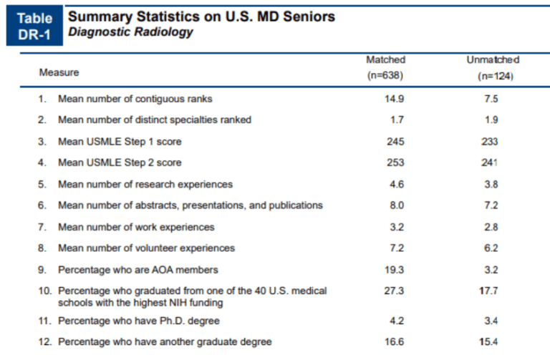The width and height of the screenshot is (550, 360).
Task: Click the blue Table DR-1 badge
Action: coord(34,26)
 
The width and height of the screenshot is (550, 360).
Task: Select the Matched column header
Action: coord(385,67)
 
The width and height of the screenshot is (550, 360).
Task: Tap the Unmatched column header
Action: coord(492,67)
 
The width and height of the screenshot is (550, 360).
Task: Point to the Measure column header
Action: coord(59,73)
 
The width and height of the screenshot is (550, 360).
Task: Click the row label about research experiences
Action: coord(145,185)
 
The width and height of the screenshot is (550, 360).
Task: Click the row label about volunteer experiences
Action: coord(146,248)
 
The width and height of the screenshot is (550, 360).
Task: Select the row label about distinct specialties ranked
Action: coord(154,120)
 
